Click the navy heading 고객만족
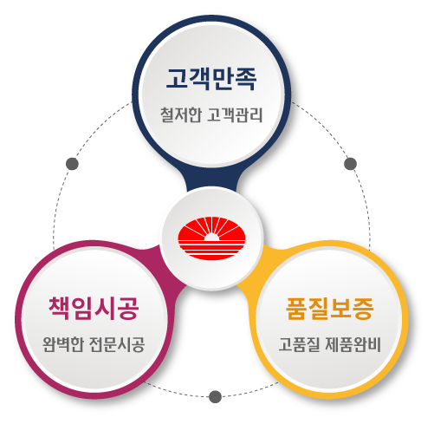[x=211, y=79]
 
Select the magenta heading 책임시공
[x=94, y=308]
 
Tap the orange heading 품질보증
[x=330, y=309]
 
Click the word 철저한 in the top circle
[x=181, y=114]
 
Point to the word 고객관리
[x=235, y=114]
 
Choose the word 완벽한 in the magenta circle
[x=63, y=344]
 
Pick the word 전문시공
[x=117, y=344]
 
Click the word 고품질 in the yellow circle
[x=299, y=344]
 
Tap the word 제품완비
[x=353, y=344]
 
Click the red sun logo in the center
[x=211, y=238]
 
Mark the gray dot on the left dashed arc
[x=72, y=164]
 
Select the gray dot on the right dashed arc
[x=351, y=164]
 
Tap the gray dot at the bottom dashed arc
[x=215, y=396]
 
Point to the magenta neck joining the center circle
[x=167, y=267]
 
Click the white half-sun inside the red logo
[x=211, y=237]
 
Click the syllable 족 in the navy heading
[x=246, y=79]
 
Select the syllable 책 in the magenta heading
[x=60, y=308]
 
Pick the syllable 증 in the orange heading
[x=364, y=309]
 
